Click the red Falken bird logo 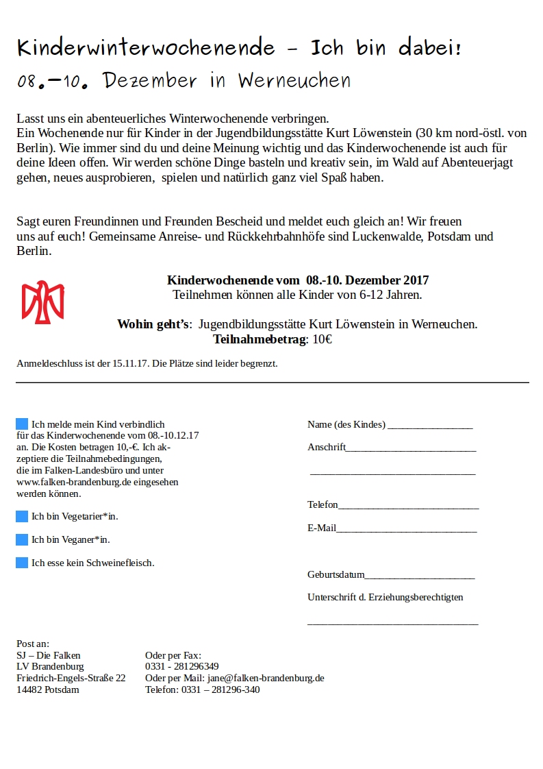tap(43, 302)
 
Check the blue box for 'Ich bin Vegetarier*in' tap(22, 516)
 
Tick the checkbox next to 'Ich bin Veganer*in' tap(22, 539)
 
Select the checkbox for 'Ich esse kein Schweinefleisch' tap(22, 563)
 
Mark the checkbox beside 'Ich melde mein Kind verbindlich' tap(22, 424)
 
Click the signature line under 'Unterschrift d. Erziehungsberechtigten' tap(392, 623)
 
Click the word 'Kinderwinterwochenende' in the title tap(146, 48)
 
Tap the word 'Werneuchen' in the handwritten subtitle tap(294, 81)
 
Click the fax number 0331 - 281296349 tap(182, 666)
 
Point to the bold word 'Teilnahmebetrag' tap(261, 339)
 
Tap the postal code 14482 tap(29, 689)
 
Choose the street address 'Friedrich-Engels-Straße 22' tap(71, 678)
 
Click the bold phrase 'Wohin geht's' tap(153, 324)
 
